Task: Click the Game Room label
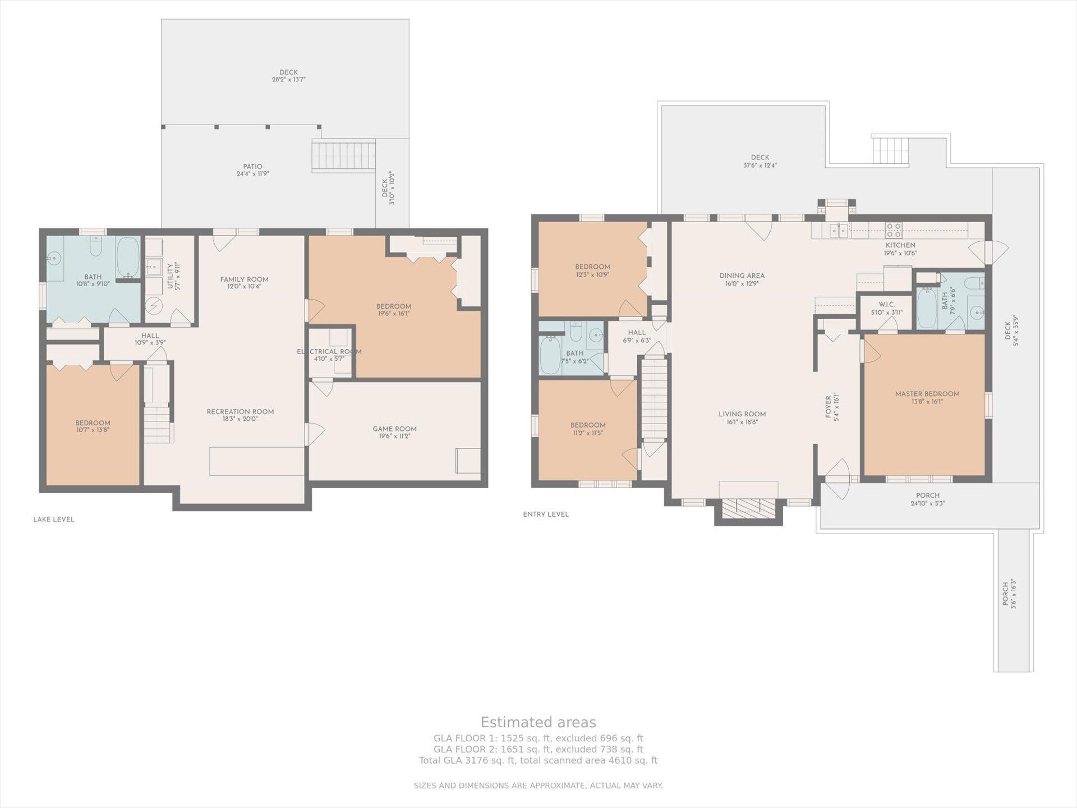pos(394,429)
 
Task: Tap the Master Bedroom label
pos(927,394)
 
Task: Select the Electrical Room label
pos(329,352)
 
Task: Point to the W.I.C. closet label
pos(886,305)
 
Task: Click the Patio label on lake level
pos(252,167)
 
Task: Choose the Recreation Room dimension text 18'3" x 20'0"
pos(240,419)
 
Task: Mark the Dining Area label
pos(742,276)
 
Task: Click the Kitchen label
pos(900,245)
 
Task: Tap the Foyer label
pos(828,407)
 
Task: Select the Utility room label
pos(170,276)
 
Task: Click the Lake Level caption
pos(54,520)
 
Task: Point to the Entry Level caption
pos(546,514)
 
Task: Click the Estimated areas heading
pos(538,722)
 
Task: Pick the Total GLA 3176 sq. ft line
pos(538,760)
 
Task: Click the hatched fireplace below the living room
pos(748,508)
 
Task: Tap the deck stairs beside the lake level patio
pos(343,156)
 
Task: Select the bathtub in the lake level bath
pos(128,258)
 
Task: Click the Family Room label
pos(244,279)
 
